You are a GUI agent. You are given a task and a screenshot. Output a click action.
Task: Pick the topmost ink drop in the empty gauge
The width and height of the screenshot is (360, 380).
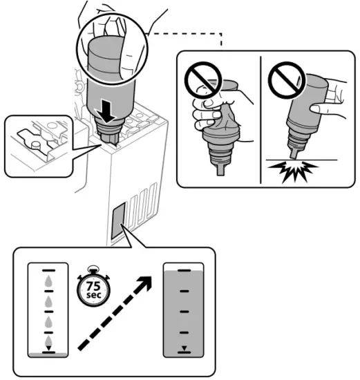point(47,281)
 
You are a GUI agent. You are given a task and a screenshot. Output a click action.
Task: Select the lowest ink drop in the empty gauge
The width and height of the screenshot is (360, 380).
point(47,341)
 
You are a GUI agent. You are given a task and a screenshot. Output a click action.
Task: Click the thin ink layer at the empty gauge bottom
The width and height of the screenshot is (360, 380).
point(47,355)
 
